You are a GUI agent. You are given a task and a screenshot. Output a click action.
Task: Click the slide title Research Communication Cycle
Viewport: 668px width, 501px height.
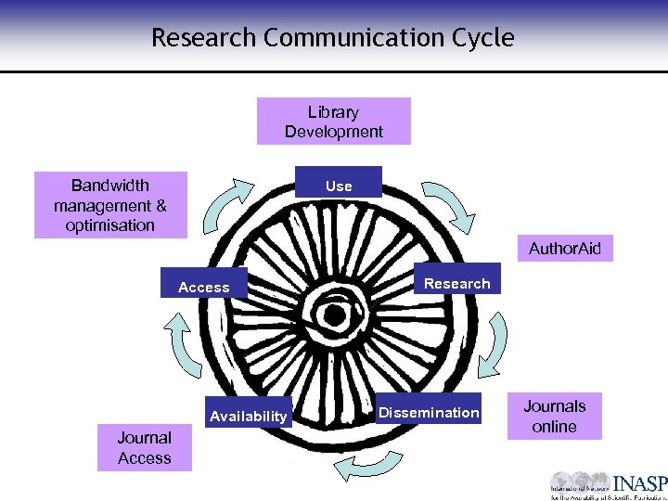(x=332, y=38)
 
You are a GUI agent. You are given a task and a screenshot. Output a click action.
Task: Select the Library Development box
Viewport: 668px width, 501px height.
(x=333, y=122)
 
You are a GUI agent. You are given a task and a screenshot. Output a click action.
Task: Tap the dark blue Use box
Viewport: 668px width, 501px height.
(x=338, y=184)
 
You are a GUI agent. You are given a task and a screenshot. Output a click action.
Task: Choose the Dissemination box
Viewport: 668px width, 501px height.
(x=429, y=412)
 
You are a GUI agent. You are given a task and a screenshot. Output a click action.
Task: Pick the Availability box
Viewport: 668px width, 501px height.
(x=248, y=416)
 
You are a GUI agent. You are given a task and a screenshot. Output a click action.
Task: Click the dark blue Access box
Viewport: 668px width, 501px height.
(x=204, y=286)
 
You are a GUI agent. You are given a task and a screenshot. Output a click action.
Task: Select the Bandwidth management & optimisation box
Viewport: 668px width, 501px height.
(x=110, y=205)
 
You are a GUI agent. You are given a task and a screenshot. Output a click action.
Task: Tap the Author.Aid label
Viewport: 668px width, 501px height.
(x=564, y=248)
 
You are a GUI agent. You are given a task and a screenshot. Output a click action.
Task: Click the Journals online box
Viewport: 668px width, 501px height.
(x=554, y=417)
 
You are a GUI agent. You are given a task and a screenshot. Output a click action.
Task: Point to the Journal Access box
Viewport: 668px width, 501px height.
(x=144, y=447)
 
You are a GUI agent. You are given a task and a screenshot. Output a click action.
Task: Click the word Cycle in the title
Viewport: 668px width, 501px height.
(x=479, y=38)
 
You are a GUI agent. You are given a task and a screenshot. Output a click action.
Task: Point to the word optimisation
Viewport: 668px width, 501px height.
(x=110, y=225)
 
